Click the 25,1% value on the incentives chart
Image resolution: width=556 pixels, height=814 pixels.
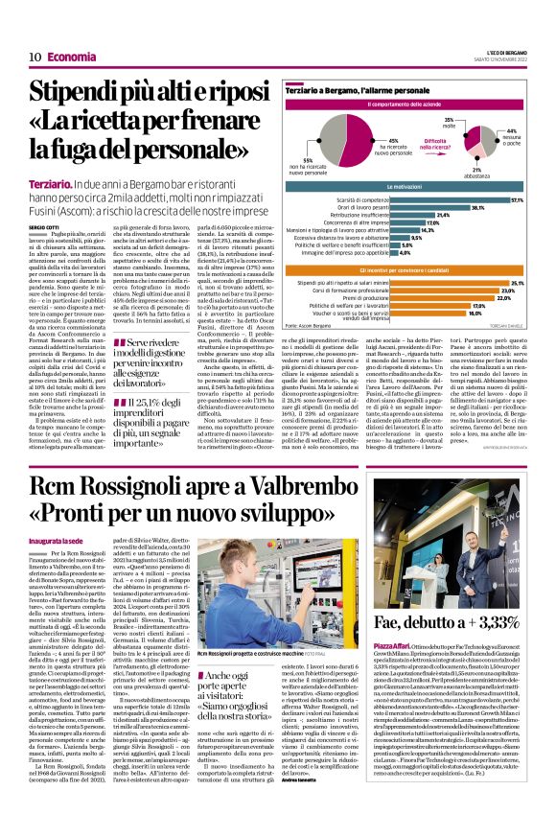point(517,284)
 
